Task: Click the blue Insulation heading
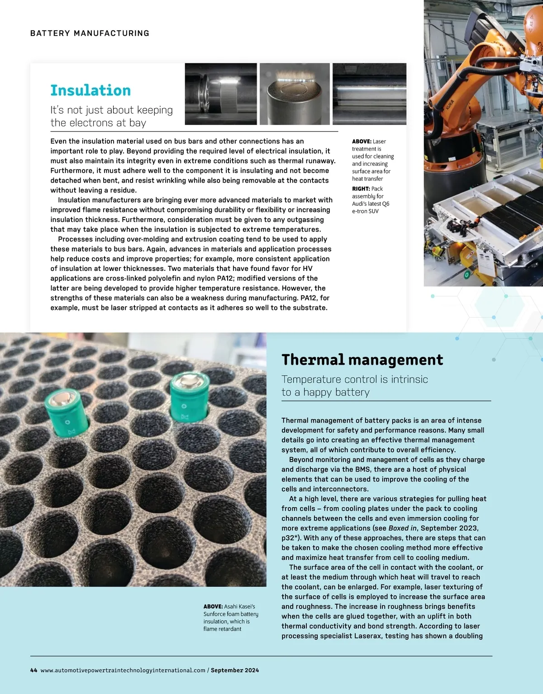click(90, 91)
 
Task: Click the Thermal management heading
click(362, 360)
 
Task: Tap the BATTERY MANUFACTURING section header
click(90, 33)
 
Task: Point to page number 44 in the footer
click(33, 670)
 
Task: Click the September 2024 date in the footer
click(235, 670)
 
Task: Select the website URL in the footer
click(123, 670)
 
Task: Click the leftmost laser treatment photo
click(221, 94)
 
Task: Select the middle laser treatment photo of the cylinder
click(295, 94)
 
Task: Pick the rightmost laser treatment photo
click(369, 94)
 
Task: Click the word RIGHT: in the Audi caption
click(361, 188)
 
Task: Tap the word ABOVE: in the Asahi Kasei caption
click(213, 606)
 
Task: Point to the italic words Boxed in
click(402, 528)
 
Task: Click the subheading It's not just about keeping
click(111, 110)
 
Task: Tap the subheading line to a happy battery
click(325, 392)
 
